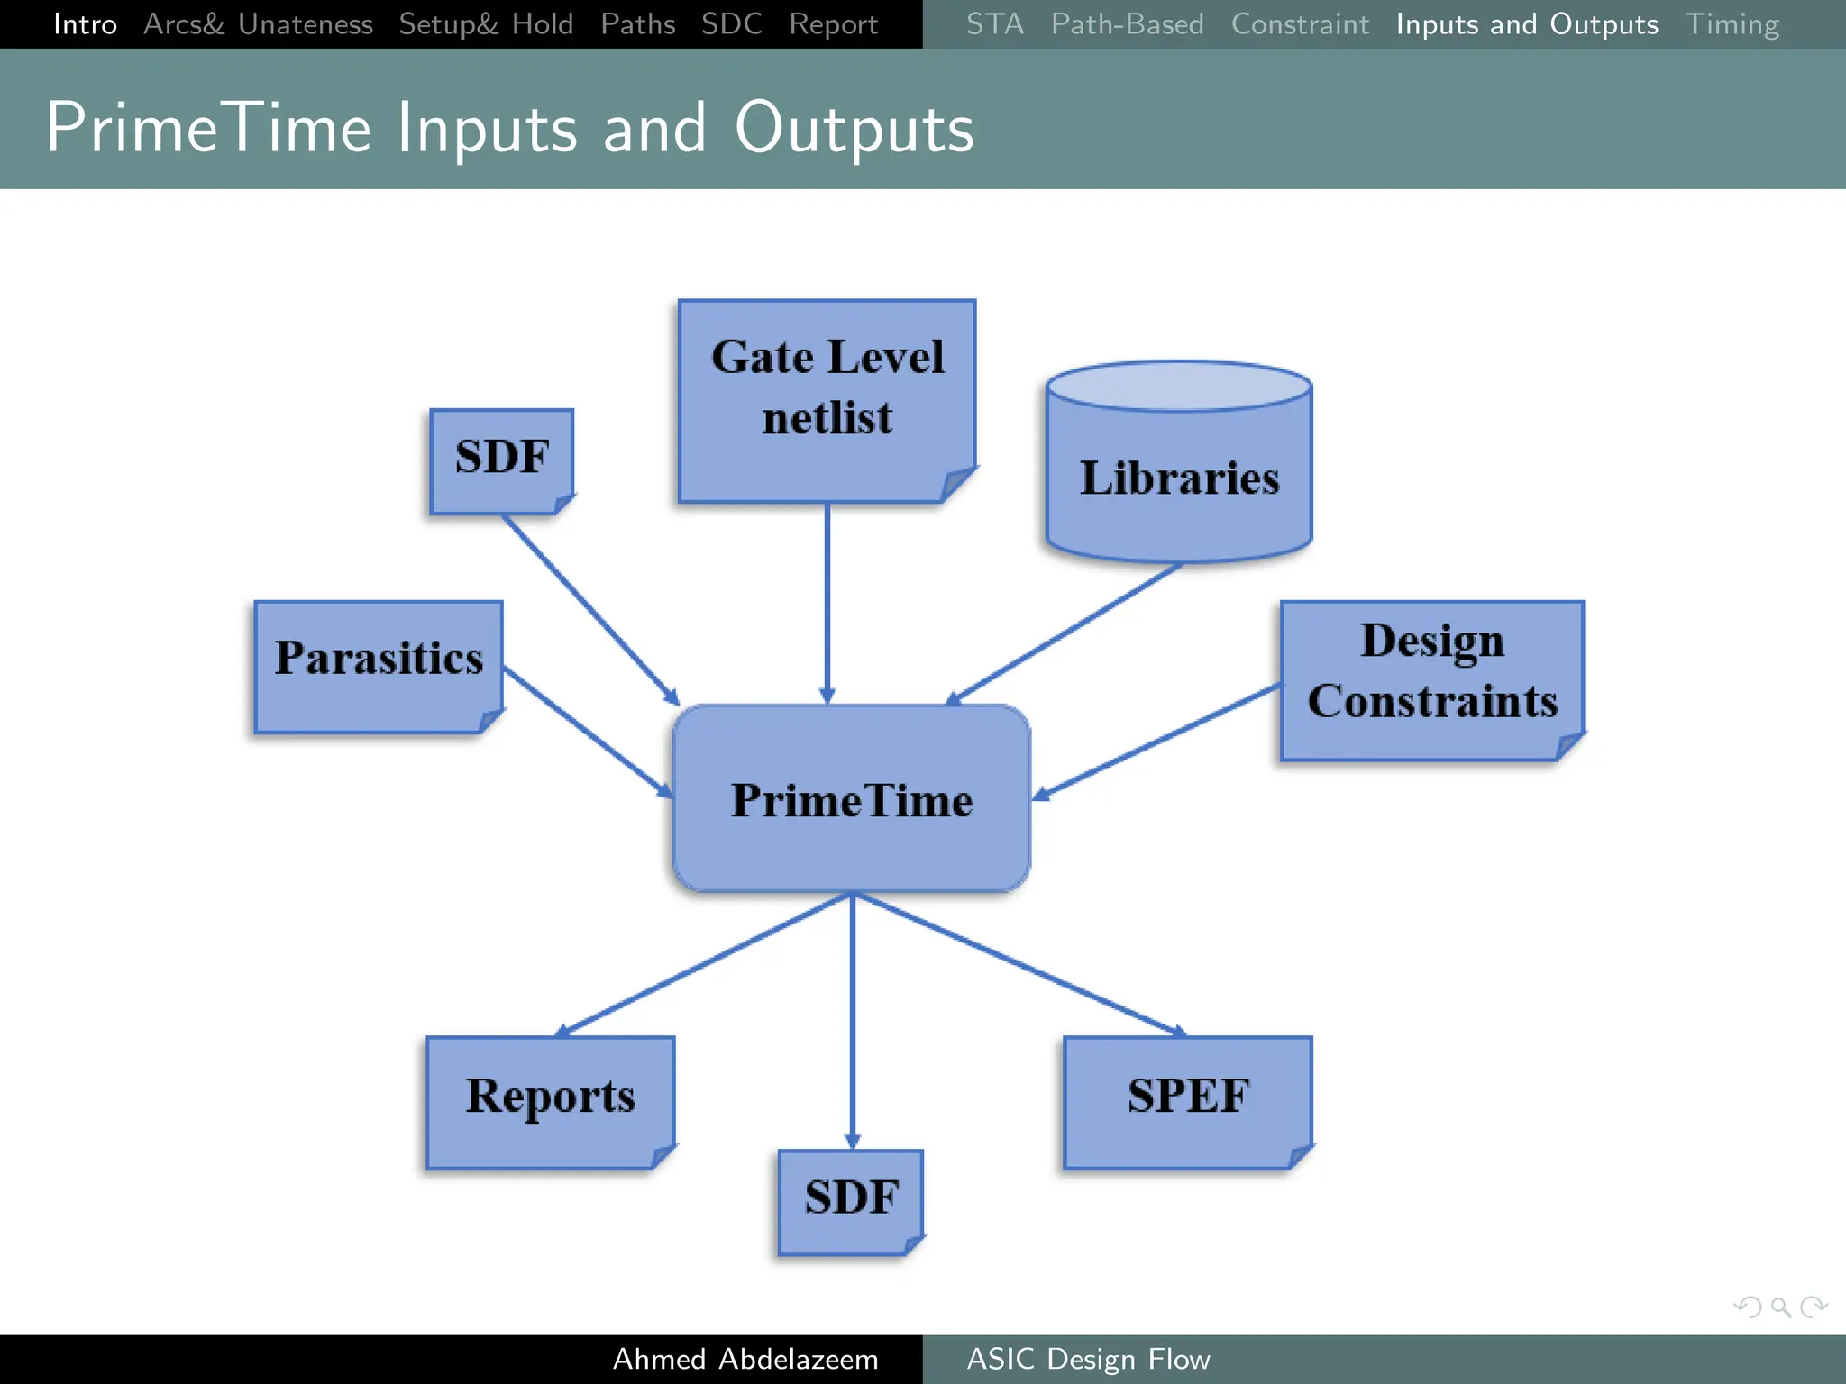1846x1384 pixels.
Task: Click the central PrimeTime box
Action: click(851, 799)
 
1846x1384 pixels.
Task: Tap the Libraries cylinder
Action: click(1178, 478)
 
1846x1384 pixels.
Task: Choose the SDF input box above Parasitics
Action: click(501, 460)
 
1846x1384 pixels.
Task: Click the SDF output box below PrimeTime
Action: click(850, 1200)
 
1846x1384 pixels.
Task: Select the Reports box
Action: click(550, 1101)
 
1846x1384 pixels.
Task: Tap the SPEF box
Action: click(1186, 1101)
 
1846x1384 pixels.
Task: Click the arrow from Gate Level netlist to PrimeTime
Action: click(827, 604)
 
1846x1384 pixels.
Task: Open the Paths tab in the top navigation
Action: click(637, 24)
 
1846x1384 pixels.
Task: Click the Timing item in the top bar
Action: click(1732, 24)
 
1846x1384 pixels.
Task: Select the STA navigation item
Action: click(994, 24)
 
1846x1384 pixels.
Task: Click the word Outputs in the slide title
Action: click(854, 129)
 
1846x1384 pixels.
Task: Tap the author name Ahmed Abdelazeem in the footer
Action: click(745, 1359)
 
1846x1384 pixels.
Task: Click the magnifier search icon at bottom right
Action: click(1780, 1307)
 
